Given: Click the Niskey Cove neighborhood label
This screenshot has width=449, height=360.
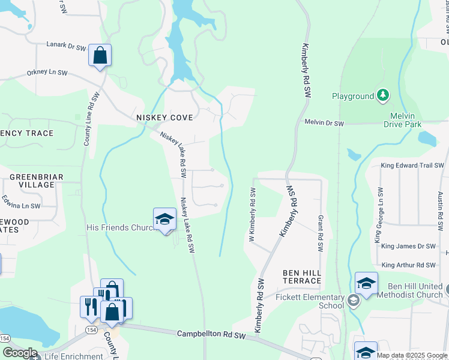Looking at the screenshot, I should click(164, 118).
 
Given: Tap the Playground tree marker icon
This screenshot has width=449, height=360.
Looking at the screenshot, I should click(382, 95).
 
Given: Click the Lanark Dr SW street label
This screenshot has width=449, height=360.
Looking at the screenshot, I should click(67, 44).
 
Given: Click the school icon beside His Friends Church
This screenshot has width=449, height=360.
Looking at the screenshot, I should click(164, 220).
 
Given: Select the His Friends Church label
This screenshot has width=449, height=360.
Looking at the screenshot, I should click(121, 228).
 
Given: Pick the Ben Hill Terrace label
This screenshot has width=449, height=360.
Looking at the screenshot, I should click(302, 277).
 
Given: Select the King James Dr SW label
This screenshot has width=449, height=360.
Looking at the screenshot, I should click(408, 246).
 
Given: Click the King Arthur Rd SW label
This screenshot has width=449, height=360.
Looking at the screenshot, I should click(408, 265).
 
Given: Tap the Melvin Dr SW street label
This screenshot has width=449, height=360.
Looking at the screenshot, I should click(324, 122).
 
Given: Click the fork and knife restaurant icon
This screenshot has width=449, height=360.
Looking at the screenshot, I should click(88, 306).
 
